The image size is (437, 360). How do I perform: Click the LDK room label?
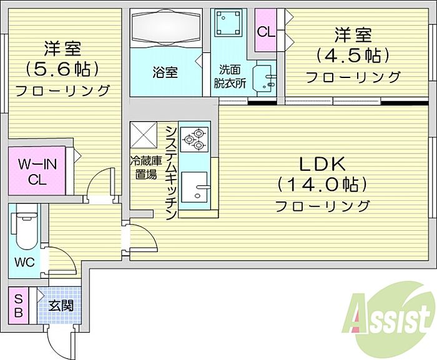tap(322, 164)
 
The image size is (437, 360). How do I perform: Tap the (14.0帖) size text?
tap(322, 185)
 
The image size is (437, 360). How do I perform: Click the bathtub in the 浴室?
tap(167, 29)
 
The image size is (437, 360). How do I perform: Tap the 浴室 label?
tap(165, 72)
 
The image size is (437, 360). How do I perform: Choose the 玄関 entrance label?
tap(61, 306)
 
